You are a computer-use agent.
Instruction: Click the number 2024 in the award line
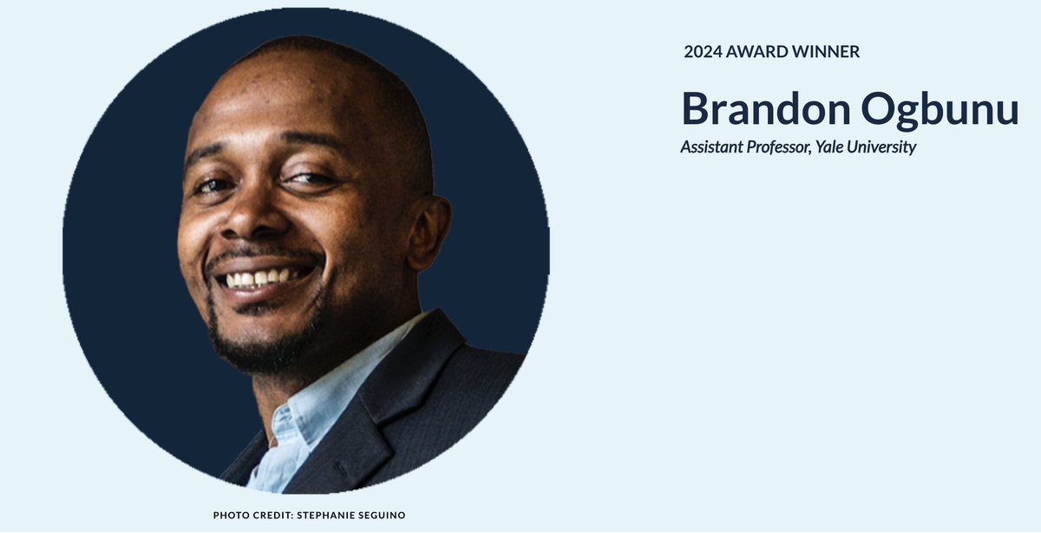point(703,52)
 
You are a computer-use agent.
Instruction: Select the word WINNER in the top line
point(828,52)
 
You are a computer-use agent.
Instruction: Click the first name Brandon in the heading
point(763,110)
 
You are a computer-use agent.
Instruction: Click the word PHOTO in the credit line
point(229,516)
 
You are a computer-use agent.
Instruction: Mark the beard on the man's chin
point(252,347)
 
